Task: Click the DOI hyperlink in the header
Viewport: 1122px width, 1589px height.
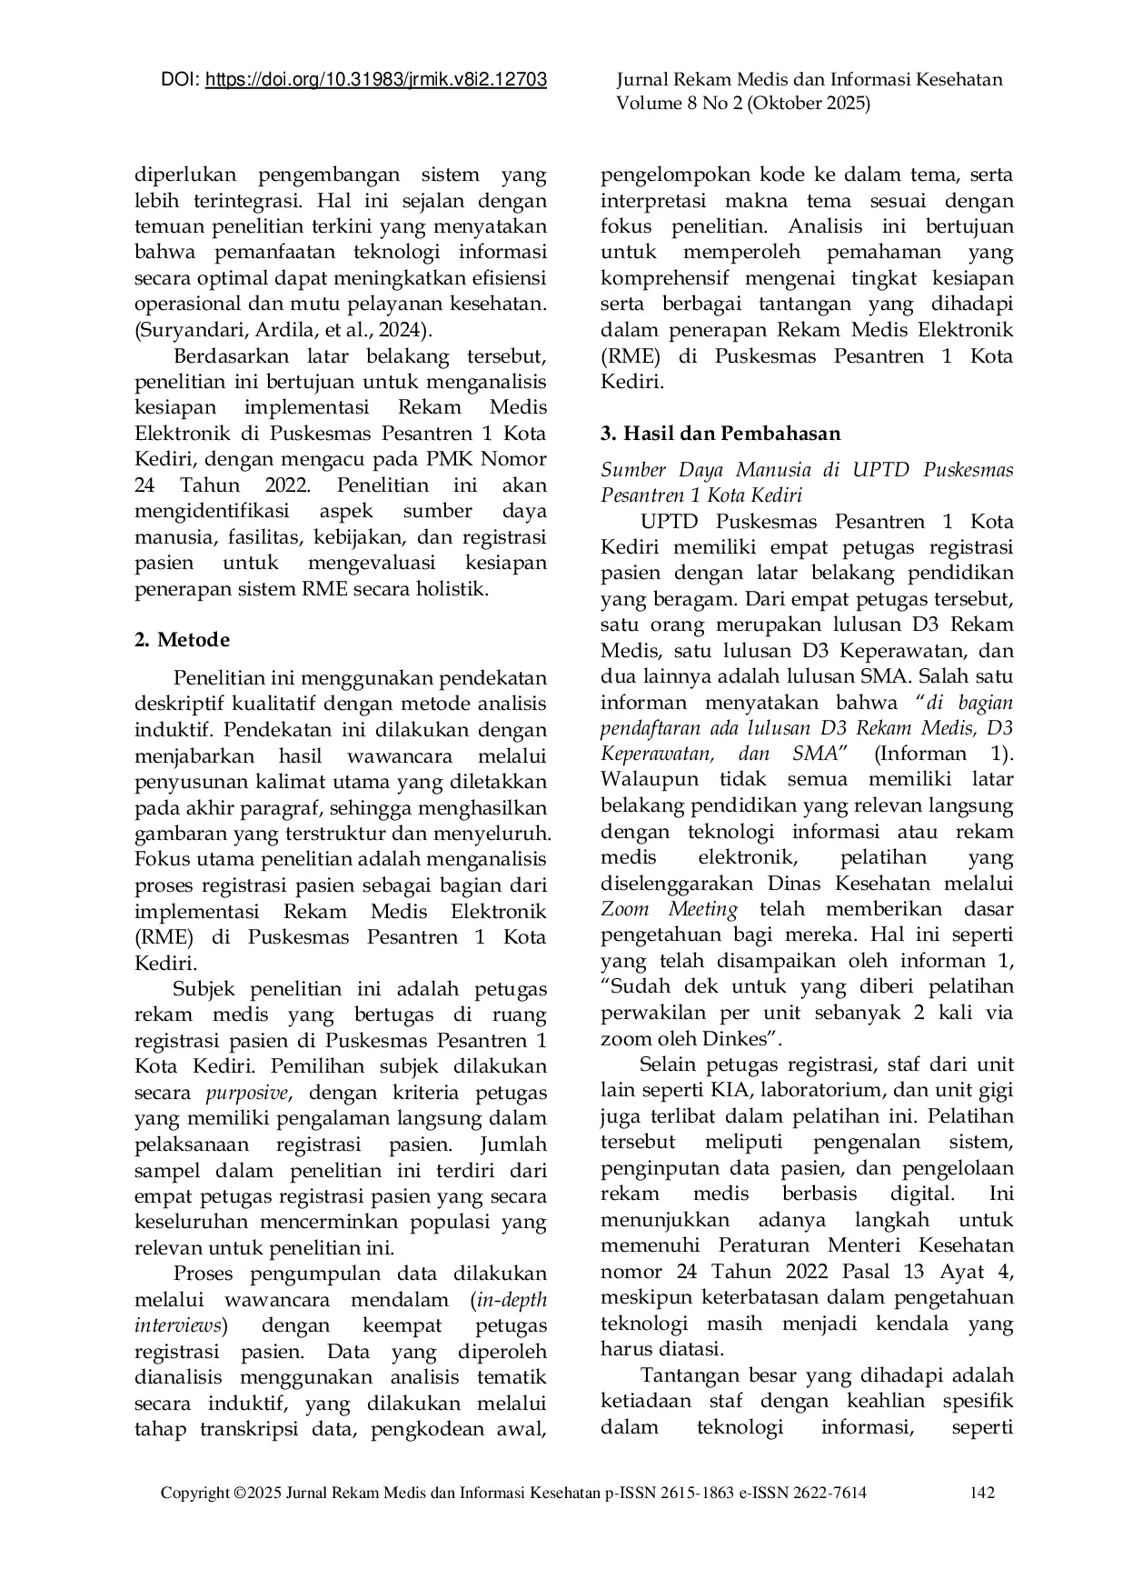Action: (x=375, y=80)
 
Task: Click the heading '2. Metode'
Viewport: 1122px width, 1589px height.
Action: (x=182, y=639)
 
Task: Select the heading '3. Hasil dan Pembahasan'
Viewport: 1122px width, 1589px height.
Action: (x=720, y=433)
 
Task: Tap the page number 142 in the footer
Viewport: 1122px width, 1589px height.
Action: (x=983, y=1493)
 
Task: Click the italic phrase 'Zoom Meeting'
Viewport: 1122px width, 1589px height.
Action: (x=670, y=909)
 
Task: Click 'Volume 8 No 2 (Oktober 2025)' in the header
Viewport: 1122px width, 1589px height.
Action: (x=743, y=104)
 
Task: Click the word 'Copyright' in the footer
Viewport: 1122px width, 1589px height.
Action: (x=194, y=1493)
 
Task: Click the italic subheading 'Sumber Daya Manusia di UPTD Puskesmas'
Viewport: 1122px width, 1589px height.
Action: (x=806, y=470)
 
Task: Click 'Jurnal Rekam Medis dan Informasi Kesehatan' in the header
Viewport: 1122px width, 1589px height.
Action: (x=809, y=80)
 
